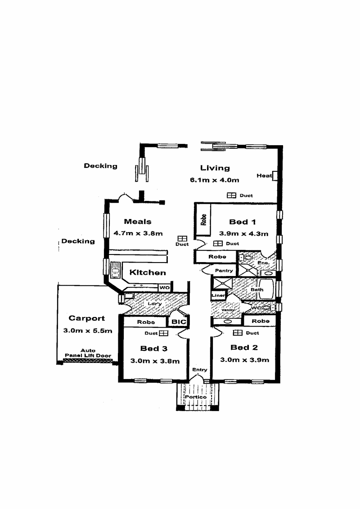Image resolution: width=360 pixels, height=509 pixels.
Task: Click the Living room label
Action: pos(215,168)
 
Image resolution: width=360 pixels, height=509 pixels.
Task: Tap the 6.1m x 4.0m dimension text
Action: pos(214,180)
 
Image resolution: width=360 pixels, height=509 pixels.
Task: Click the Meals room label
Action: pos(138,221)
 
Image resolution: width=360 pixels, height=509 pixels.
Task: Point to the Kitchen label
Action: pos(148,272)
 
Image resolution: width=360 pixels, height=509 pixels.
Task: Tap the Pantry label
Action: pos(224,271)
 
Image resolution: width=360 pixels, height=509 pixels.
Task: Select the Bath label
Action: pos(257,290)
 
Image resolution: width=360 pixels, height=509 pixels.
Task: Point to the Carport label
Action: pos(86,318)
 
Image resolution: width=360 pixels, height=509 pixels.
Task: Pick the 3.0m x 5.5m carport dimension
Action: pos(88,330)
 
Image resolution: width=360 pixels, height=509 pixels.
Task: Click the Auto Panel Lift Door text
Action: pos(88,353)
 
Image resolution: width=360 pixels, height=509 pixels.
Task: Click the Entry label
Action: pos(200,370)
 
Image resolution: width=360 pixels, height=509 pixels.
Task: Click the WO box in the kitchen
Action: pos(163,287)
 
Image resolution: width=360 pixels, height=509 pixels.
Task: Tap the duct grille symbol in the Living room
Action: pos(231,196)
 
